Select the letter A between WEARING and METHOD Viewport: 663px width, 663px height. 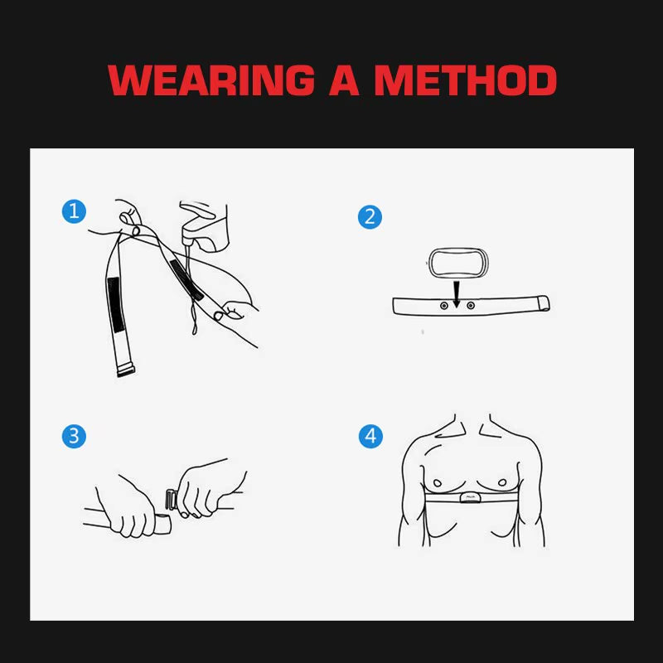[343, 80]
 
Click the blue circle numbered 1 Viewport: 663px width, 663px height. [74, 211]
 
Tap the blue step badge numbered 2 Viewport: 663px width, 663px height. [370, 217]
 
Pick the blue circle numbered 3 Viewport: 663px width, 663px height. [74, 436]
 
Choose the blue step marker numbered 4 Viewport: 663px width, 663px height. [370, 436]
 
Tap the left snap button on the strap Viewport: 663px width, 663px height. [443, 305]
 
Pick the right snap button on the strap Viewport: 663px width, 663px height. [471, 305]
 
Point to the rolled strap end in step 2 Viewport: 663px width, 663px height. [545, 304]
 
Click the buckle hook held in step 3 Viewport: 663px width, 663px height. [172, 500]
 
